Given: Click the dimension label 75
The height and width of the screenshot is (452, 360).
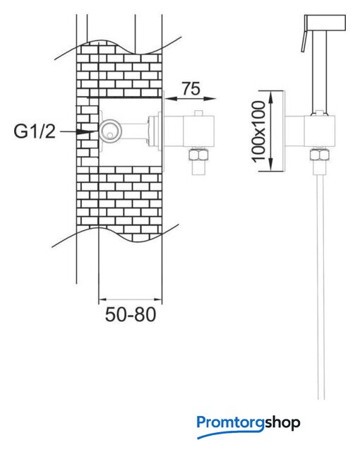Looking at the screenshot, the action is click(x=191, y=88).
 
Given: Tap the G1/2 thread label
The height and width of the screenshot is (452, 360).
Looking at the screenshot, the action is click(x=35, y=131).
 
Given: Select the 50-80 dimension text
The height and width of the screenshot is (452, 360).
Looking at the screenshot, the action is click(x=131, y=314).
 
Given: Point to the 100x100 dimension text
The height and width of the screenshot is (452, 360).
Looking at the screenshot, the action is click(x=258, y=131).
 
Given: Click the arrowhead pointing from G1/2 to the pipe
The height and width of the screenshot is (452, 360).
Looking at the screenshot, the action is click(x=86, y=132).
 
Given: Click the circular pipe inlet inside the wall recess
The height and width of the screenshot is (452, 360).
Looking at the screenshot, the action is click(x=110, y=131).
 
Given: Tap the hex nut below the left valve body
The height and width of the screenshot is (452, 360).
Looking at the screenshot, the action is click(x=198, y=155).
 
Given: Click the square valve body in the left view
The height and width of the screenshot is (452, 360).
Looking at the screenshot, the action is click(x=199, y=131).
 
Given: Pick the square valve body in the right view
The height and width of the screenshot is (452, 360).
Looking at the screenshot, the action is click(x=320, y=131).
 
